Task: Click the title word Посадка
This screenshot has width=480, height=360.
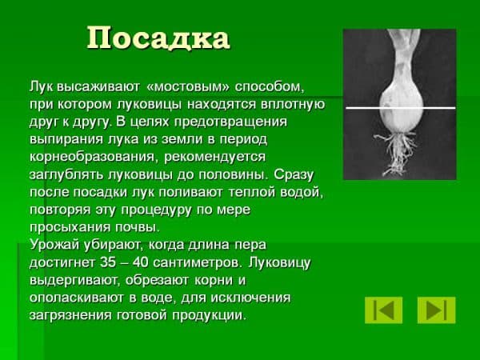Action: click(x=158, y=38)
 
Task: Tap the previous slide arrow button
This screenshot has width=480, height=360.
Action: click(x=383, y=310)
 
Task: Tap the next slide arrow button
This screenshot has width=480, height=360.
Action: click(x=436, y=310)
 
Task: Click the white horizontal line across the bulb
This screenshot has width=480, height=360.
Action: click(x=401, y=108)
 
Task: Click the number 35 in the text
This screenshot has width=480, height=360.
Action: click(x=108, y=262)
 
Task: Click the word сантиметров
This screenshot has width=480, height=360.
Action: click(x=198, y=262)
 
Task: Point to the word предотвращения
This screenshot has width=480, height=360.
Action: click(x=231, y=122)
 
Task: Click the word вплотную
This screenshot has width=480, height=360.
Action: click(x=293, y=104)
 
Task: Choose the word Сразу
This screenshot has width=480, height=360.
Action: click(x=294, y=175)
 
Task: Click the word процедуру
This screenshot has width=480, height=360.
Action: click(x=156, y=210)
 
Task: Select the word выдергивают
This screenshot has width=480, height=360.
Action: click(x=74, y=281)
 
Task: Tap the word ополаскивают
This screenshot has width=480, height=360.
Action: click(x=77, y=298)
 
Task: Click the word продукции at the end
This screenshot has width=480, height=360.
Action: click(x=209, y=315)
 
